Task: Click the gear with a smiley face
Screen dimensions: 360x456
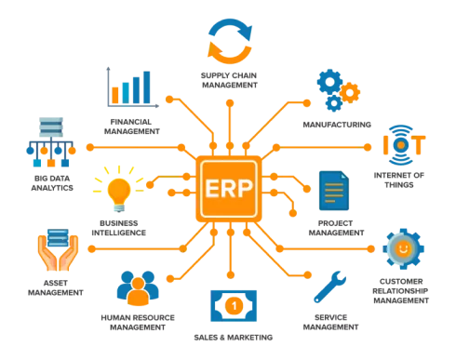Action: pos(401,249)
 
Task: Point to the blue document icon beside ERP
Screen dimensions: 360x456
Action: pos(331,192)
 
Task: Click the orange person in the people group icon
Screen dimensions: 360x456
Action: pos(138,293)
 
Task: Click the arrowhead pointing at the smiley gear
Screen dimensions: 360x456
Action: pos(375,249)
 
